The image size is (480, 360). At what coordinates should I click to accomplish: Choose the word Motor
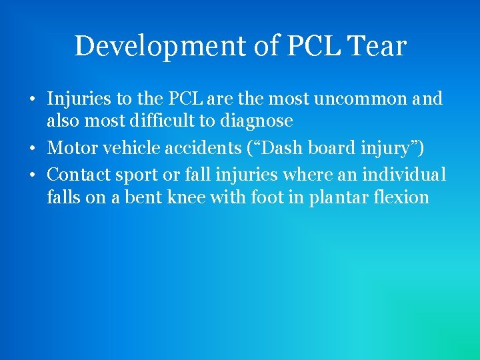(71, 147)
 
